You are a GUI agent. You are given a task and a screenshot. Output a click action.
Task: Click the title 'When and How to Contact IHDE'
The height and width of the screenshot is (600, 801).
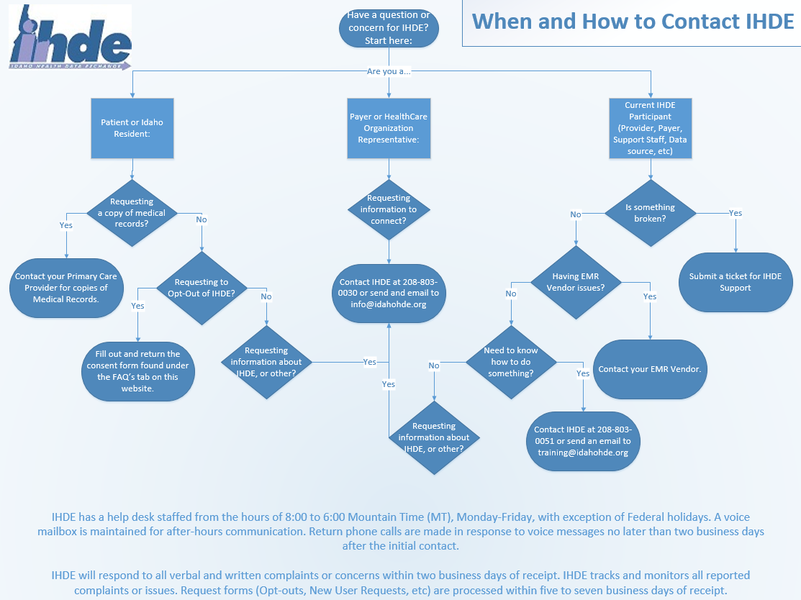tap(633, 21)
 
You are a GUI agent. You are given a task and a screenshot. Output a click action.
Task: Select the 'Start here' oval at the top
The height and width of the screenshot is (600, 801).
tap(389, 28)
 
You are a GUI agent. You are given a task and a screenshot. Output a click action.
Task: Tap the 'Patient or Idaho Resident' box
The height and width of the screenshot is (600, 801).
tap(132, 128)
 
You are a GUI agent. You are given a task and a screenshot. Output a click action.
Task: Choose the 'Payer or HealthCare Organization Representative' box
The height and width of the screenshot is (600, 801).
tap(389, 128)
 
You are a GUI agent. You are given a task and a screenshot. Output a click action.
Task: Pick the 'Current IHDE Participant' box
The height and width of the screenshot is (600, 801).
tap(650, 128)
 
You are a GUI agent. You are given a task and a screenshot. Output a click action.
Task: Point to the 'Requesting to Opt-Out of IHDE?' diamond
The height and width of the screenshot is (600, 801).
tap(202, 288)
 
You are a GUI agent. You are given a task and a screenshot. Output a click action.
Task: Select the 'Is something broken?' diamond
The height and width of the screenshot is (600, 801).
tap(650, 213)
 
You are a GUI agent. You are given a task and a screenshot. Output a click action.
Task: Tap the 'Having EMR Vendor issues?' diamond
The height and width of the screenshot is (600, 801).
tap(576, 282)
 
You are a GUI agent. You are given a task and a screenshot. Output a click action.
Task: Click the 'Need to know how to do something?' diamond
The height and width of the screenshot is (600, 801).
tap(511, 362)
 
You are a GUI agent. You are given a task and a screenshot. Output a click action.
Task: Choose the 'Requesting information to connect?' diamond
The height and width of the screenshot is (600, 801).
tap(389, 209)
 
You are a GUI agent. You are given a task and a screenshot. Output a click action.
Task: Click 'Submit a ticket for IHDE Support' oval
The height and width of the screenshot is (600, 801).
tap(735, 282)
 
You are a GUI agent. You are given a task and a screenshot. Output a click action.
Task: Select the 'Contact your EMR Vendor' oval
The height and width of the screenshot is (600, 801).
tap(650, 369)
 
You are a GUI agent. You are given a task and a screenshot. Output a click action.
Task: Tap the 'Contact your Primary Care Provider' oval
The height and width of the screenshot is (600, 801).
tap(66, 288)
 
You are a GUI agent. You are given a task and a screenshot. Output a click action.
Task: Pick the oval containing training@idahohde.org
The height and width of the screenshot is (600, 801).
tap(583, 441)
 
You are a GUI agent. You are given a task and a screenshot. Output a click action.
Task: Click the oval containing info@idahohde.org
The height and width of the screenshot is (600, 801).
tap(389, 293)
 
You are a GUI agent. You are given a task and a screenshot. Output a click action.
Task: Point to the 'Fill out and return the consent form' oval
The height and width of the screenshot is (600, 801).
tap(137, 371)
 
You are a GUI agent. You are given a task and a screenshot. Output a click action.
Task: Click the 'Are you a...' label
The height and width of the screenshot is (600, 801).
tap(389, 71)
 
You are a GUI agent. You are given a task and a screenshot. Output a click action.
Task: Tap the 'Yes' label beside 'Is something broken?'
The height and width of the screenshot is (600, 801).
tap(735, 213)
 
